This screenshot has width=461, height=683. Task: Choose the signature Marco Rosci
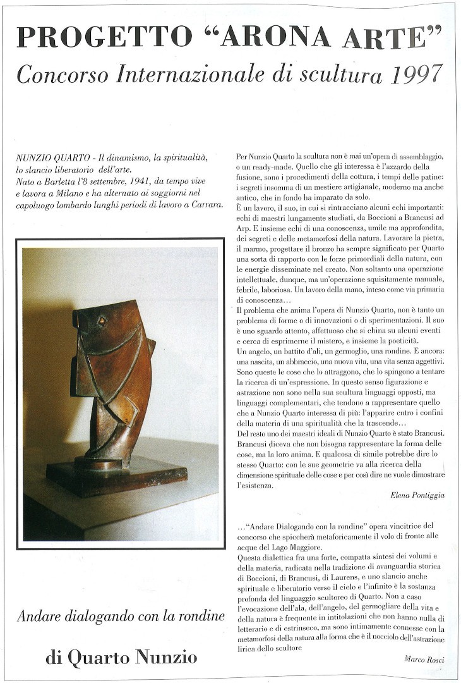pyautogui.click(x=424, y=659)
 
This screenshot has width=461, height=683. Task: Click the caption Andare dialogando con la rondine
pyautogui.click(x=120, y=615)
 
